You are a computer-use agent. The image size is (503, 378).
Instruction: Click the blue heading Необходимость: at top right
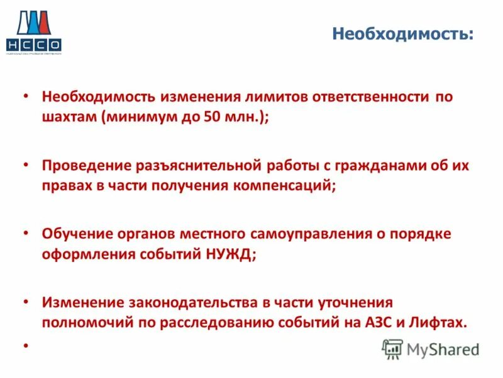pos(402,33)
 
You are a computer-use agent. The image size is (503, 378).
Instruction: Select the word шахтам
pos(67,117)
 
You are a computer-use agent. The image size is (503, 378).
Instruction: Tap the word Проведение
pos(86,166)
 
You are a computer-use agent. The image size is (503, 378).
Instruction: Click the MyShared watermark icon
pos(392,349)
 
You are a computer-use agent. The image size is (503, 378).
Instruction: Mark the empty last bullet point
pos(25,346)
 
